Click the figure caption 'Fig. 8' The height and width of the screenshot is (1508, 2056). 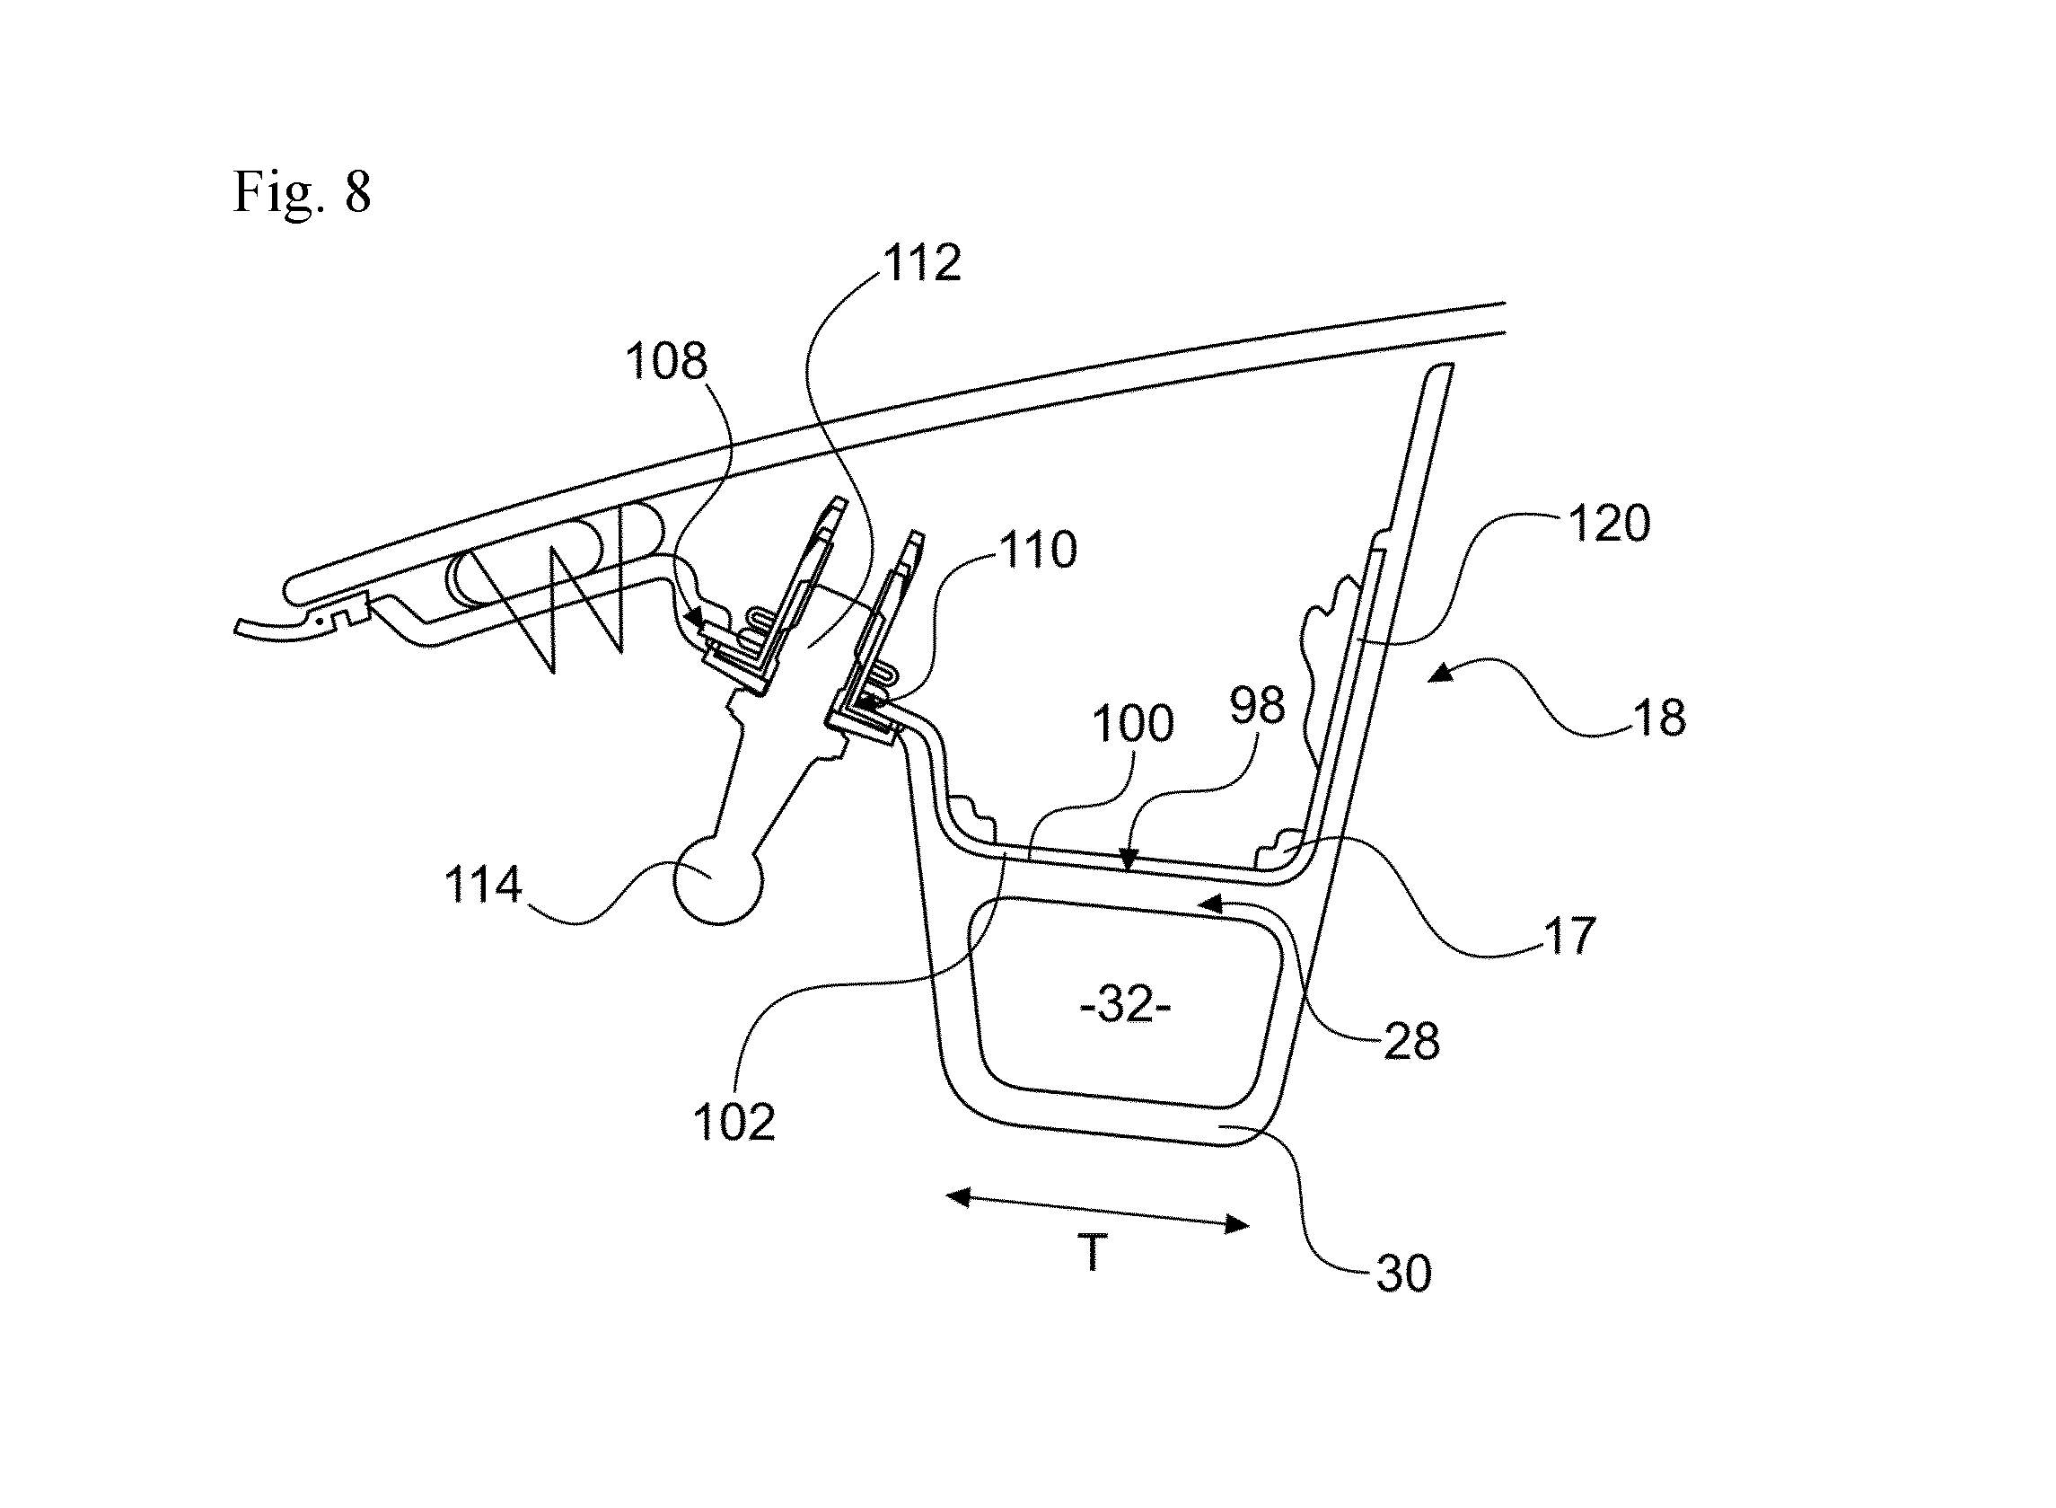coord(302,192)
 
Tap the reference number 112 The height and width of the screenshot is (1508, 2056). coord(922,263)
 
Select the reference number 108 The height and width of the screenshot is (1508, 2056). coord(666,361)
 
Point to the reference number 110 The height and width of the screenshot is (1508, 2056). coord(1039,550)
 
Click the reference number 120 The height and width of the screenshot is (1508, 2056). coord(1609,524)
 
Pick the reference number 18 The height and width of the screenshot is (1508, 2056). coord(1660,719)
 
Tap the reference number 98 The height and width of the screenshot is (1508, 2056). coord(1257,706)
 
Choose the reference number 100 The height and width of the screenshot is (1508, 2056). coord(1132,724)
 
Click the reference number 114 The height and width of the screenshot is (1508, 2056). coord(483,885)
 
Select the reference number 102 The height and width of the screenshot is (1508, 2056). coord(734,1123)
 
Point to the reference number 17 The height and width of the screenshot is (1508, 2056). coord(1568,936)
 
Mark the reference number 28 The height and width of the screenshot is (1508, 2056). coord(1411,1042)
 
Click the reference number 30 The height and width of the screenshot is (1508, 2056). coord(1403,1274)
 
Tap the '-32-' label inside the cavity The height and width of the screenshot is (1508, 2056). coord(1125,1007)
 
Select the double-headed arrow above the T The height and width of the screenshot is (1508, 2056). coord(1098,1211)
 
